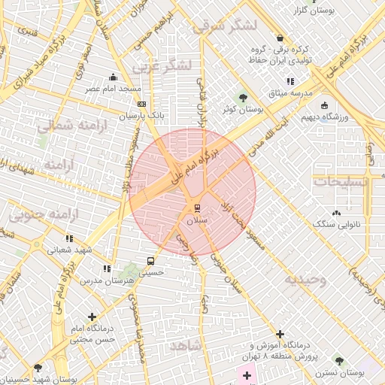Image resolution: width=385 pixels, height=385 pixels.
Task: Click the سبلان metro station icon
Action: pyautogui.click(x=198, y=207)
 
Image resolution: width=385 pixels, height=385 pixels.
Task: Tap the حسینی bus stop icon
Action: pyautogui.click(x=152, y=262)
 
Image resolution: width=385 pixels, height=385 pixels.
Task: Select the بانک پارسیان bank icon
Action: pyautogui.click(x=143, y=105)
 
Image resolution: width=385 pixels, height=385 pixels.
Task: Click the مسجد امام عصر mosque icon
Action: pyautogui.click(x=114, y=76)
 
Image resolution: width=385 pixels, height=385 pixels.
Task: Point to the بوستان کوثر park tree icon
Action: pyautogui.click(x=242, y=96)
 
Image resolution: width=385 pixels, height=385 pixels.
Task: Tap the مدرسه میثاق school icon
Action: pyautogui.click(x=290, y=81)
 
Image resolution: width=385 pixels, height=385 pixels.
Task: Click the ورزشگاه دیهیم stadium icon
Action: pyautogui.click(x=326, y=105)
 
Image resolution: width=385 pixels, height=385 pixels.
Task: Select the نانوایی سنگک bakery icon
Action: pyautogui.click(x=335, y=213)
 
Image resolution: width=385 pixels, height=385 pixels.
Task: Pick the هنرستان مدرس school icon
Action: pyautogui.click(x=106, y=268)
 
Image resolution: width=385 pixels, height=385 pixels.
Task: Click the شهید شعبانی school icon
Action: pyautogui.click(x=70, y=238)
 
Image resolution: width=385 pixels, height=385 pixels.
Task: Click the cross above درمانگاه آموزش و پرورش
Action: pyautogui.click(x=280, y=333)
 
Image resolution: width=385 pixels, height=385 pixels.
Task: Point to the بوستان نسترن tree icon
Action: pyautogui.click(x=338, y=360)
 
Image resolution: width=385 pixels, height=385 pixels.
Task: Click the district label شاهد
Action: pyautogui.click(x=186, y=346)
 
